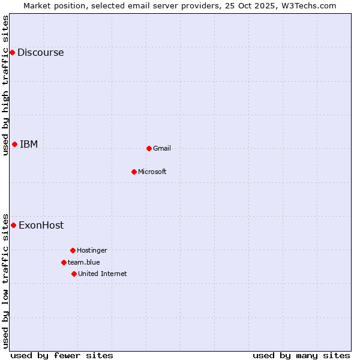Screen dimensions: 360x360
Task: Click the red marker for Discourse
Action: click(12, 53)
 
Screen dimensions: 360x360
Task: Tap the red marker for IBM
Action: click(14, 144)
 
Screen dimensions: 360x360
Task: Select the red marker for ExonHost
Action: click(13, 226)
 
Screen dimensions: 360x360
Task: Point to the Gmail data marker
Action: click(149, 148)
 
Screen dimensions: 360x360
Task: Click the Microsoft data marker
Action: click(134, 172)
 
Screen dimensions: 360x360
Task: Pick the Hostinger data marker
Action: click(73, 250)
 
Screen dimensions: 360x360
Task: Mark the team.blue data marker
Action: click(64, 262)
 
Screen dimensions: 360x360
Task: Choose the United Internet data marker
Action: click(74, 274)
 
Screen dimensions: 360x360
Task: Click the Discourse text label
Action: click(40, 53)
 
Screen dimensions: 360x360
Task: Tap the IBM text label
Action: click(29, 144)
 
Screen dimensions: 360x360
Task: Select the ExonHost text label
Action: click(41, 226)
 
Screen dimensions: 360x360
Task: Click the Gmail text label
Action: click(162, 148)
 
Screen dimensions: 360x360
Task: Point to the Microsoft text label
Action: click(152, 172)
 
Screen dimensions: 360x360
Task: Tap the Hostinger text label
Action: click(92, 250)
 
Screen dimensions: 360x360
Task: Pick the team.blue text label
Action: click(84, 262)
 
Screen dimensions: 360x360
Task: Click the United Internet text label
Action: click(103, 274)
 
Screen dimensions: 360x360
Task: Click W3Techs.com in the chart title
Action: click(306, 5)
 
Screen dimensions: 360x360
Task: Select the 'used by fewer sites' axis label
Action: click(62, 355)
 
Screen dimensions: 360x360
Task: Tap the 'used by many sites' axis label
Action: click(301, 355)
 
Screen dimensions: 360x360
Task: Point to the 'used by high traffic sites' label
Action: click(5, 85)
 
